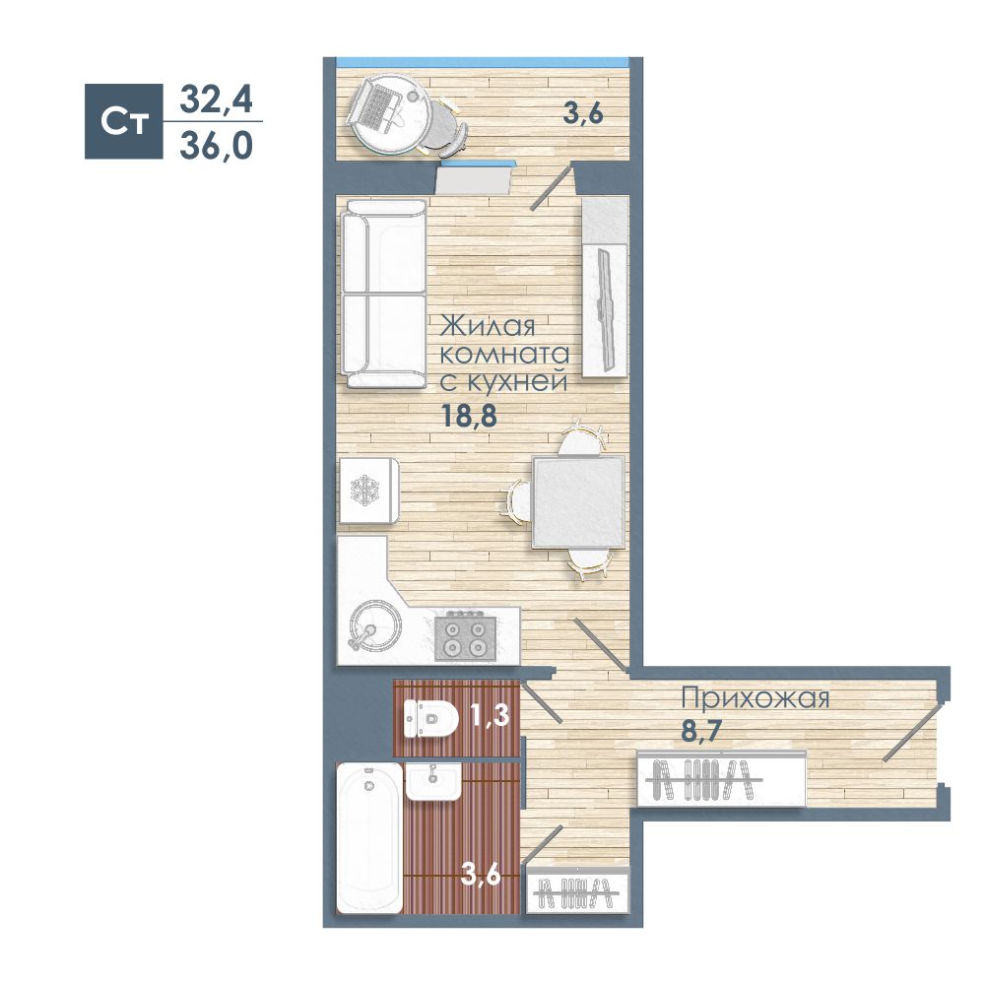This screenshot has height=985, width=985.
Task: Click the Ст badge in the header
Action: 124,121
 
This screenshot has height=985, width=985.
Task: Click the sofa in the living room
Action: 383,294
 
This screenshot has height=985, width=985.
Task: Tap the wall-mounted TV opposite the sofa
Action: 606,308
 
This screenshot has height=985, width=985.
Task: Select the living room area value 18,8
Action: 469,416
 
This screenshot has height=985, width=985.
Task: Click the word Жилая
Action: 488,326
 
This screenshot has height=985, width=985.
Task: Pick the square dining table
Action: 578,502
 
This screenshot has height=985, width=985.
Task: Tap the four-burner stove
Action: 465,637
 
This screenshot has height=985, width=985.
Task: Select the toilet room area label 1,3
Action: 490,715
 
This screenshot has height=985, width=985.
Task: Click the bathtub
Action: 369,838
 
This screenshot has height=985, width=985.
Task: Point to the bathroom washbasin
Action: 433,781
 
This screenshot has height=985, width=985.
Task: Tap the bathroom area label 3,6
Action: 481,874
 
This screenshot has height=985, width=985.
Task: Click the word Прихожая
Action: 755,698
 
